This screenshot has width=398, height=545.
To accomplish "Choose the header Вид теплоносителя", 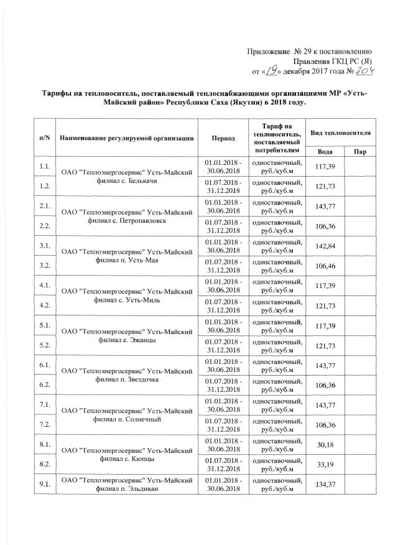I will coord(341,133).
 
